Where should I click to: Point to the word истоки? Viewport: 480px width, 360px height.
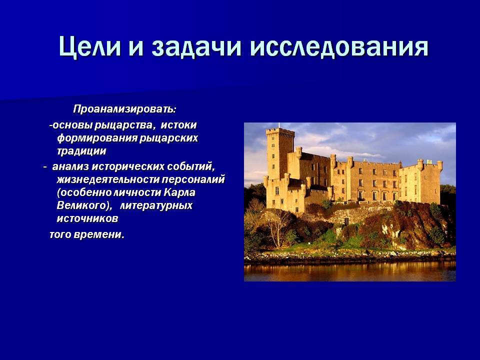point(178,125)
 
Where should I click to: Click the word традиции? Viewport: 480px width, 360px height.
point(81,151)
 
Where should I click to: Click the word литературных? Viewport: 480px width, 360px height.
point(156,205)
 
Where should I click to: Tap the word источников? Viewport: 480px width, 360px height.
point(87,218)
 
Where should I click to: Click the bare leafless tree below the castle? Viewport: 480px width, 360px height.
point(277,227)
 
